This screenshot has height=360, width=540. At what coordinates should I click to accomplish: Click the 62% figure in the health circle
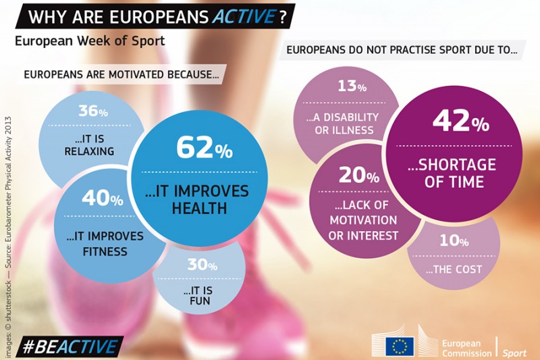pos(204,148)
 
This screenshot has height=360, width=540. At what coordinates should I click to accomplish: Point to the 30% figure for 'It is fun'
pos(201,265)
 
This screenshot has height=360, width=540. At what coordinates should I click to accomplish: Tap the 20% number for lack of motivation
pos(358,176)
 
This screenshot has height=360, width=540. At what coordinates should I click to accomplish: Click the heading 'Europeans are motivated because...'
pos(122,74)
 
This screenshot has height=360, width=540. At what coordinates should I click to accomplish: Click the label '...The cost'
pos(454,269)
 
